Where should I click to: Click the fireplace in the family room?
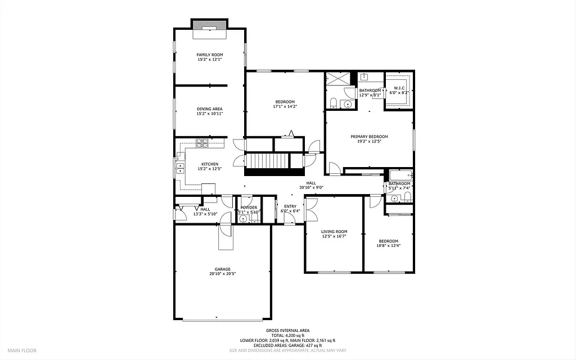click(x=210, y=29)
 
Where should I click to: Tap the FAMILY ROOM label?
click(x=209, y=55)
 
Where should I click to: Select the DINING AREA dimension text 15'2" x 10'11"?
click(x=209, y=114)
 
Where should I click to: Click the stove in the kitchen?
click(x=202, y=145)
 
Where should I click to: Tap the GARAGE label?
click(x=222, y=269)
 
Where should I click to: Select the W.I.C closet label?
click(x=399, y=88)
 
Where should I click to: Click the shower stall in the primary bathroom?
click(x=337, y=79)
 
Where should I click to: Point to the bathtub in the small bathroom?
click(x=400, y=175)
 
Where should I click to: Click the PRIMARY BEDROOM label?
click(x=369, y=137)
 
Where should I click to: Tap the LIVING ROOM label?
click(x=334, y=232)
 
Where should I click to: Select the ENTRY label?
click(x=290, y=206)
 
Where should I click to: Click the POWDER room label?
click(x=249, y=208)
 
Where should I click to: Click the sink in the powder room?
click(x=244, y=219)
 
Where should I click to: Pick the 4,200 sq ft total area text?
click(x=287, y=335)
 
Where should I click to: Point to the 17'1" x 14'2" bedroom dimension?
click(x=284, y=106)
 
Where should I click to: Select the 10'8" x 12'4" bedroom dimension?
click(x=388, y=245)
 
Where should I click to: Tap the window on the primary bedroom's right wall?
click(x=413, y=139)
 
